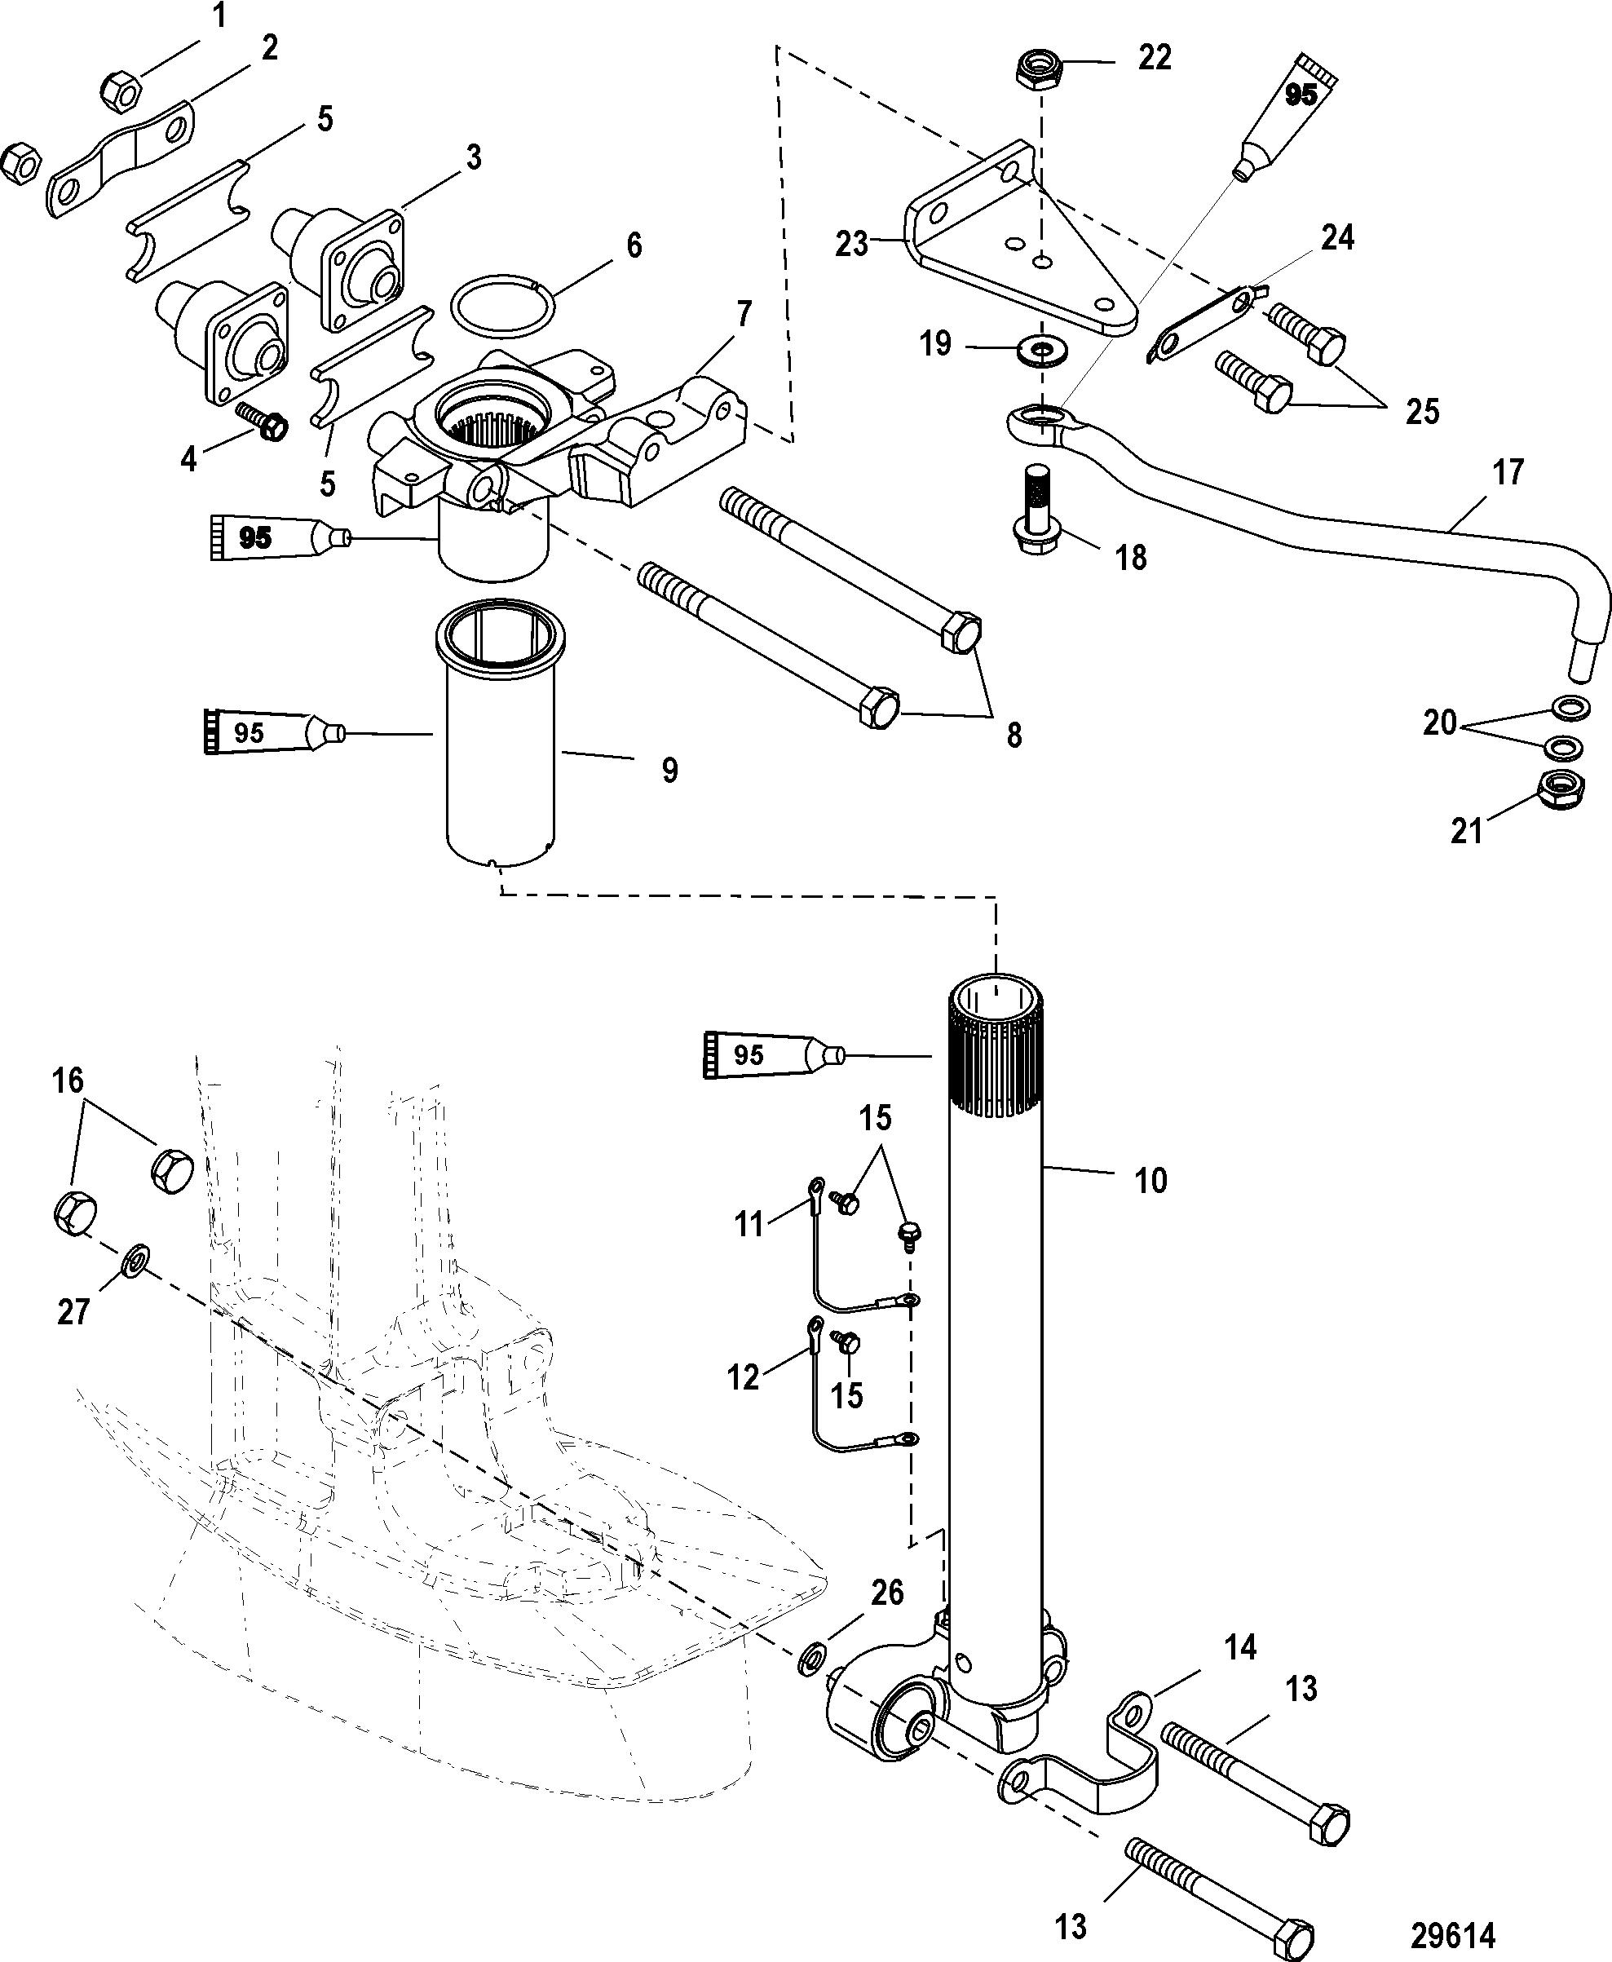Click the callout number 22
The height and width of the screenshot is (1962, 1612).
(1155, 58)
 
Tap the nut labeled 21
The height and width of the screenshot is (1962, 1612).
(1561, 789)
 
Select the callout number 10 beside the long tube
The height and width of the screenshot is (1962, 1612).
(1151, 1181)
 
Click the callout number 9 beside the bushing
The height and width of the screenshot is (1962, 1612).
(669, 770)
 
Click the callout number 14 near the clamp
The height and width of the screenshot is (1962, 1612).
(1240, 1647)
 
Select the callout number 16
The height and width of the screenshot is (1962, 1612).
(68, 1080)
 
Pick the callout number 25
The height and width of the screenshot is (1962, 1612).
(1422, 410)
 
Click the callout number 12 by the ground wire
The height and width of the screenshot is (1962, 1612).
(743, 1377)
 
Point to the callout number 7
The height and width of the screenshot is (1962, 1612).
(744, 315)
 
